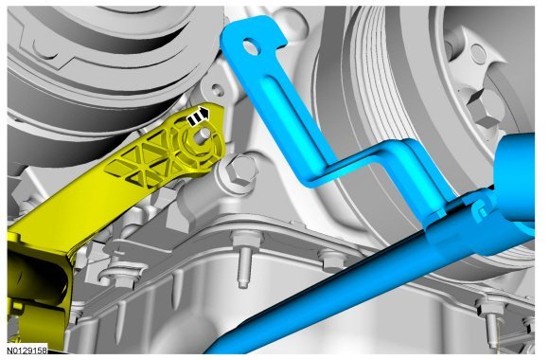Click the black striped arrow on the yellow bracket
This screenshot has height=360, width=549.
tap(198, 117)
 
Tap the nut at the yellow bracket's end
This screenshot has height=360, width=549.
tap(200, 144)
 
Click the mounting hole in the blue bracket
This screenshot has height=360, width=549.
tap(251, 47)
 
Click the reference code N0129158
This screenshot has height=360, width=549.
tap(27, 350)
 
